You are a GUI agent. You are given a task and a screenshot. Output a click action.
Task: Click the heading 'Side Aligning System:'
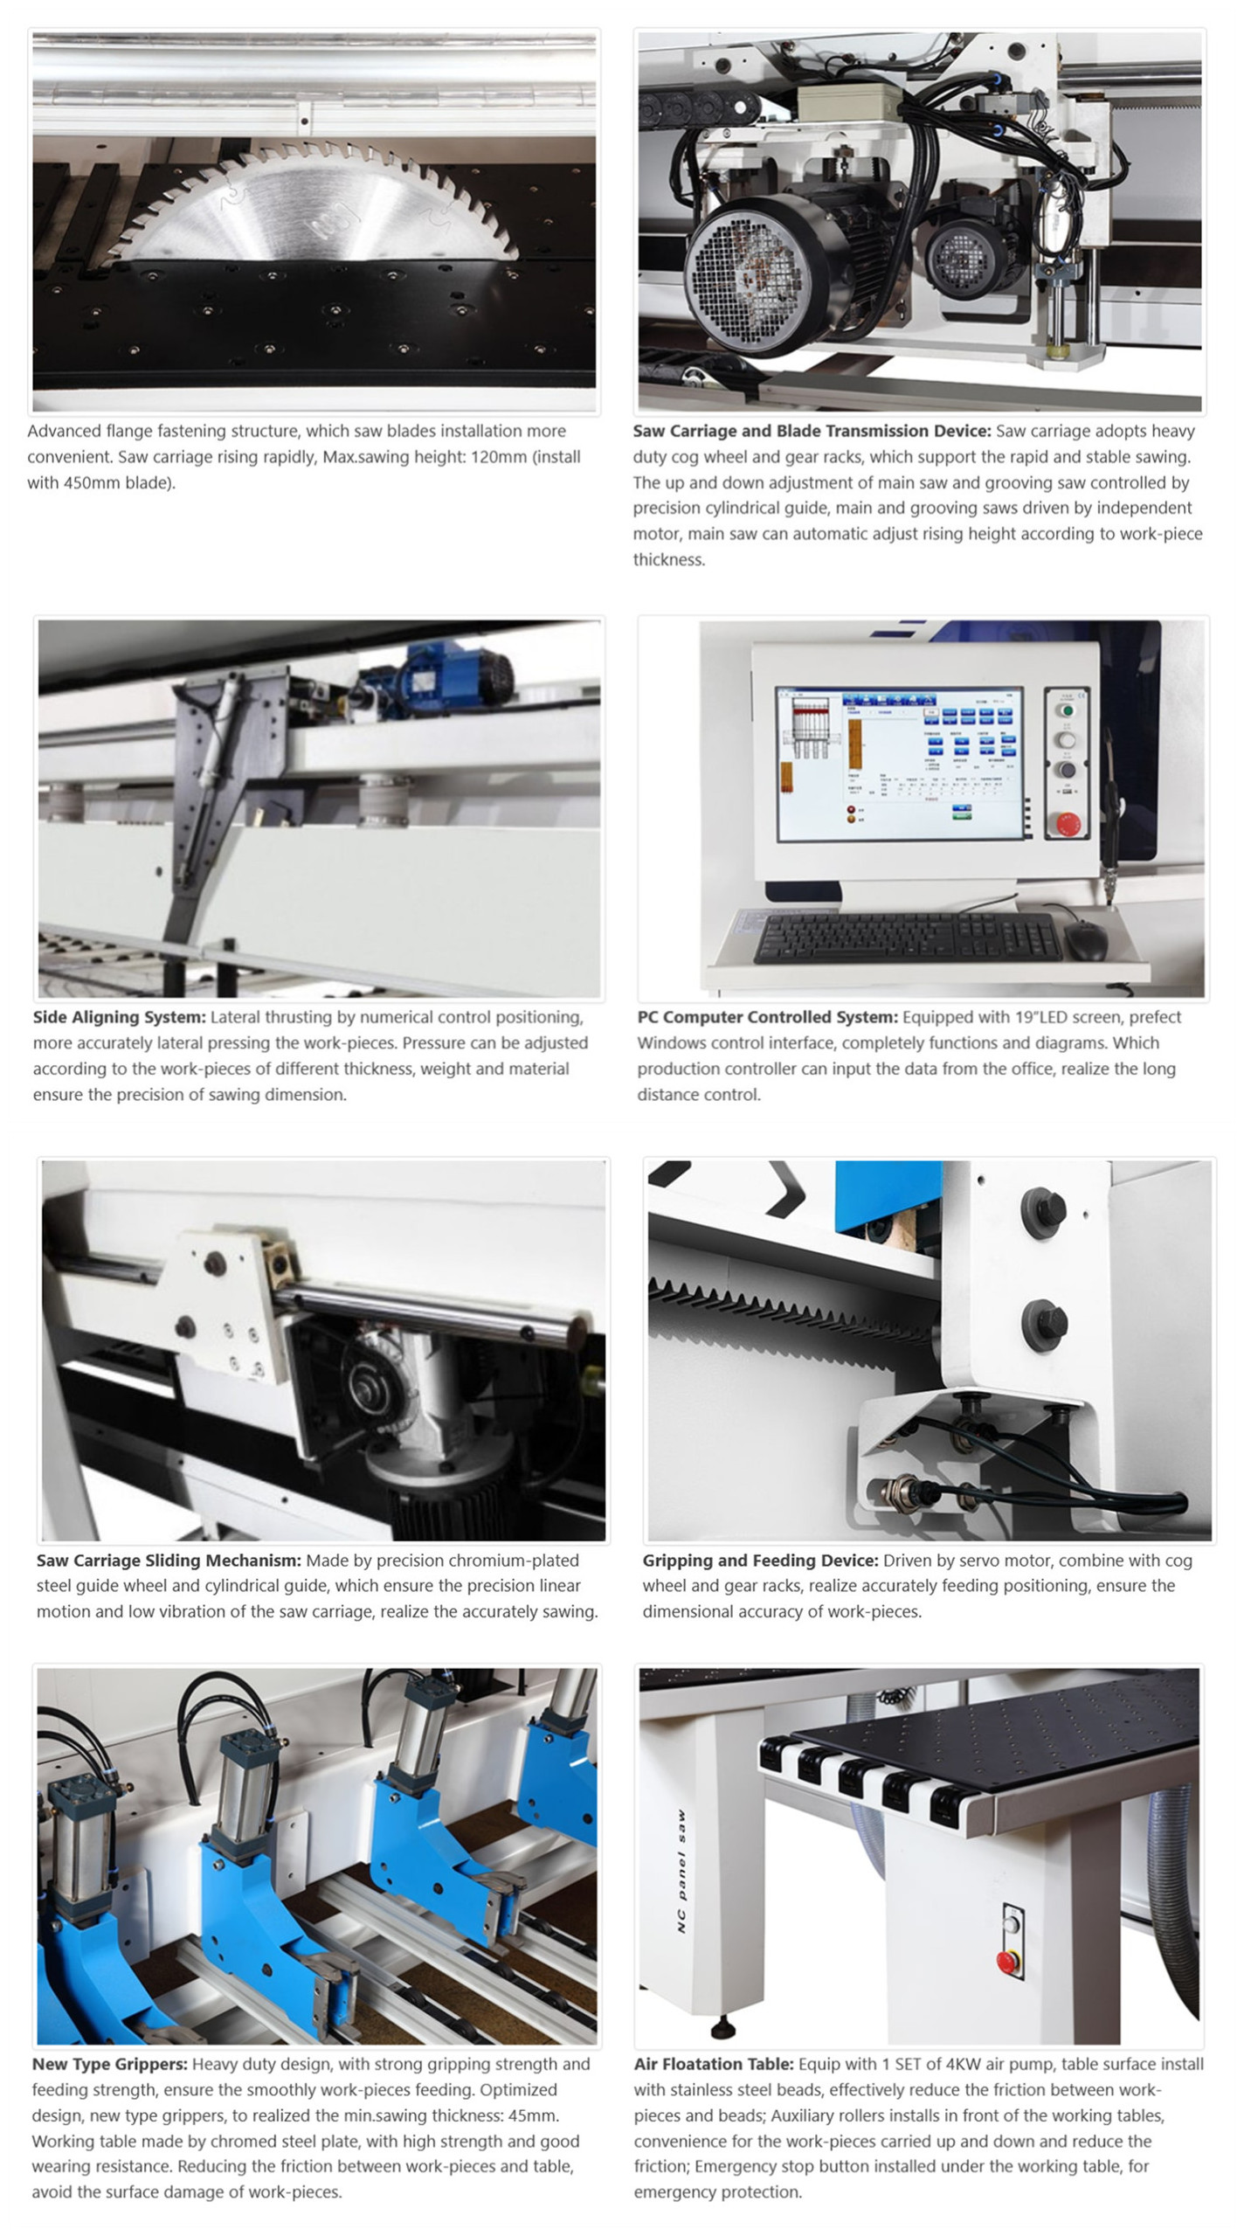120,1017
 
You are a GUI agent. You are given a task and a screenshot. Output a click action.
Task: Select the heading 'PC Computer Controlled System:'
767,1017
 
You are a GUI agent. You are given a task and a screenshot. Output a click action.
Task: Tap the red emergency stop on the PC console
1068,821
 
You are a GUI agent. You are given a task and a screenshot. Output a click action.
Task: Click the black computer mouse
1086,940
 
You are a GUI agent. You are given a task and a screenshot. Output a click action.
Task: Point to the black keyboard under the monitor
909,938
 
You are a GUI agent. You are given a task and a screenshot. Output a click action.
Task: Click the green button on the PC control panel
1065,710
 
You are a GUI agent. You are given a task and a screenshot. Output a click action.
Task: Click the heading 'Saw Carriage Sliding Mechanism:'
169,1560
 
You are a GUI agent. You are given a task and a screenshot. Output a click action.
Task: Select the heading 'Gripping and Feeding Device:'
761,1560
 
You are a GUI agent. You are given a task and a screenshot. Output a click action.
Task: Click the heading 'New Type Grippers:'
110,2064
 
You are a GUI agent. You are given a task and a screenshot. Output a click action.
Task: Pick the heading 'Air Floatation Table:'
714,2064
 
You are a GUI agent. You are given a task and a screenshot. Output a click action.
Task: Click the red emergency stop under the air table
1007,1960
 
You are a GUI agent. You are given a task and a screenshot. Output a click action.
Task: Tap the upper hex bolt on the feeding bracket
1043,1209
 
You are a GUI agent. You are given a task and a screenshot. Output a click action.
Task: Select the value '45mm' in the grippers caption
535,2115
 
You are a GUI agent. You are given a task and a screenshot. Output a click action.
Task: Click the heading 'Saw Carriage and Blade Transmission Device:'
812,431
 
